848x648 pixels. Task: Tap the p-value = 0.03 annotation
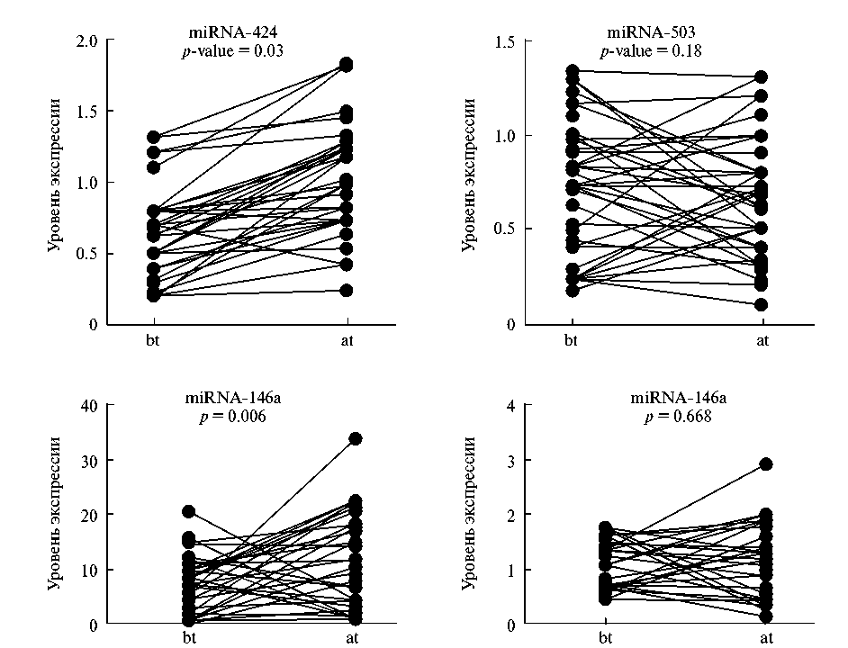232,52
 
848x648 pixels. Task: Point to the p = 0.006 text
232,417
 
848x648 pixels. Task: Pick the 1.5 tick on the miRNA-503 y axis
503,41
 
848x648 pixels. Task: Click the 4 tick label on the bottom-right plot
510,405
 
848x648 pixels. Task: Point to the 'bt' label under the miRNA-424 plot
153,340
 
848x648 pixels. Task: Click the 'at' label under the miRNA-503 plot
762,340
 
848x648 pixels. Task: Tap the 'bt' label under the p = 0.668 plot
606,638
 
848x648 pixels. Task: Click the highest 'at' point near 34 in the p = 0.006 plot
355,438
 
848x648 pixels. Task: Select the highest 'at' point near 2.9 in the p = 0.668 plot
766,464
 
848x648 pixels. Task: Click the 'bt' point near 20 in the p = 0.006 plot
189,511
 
